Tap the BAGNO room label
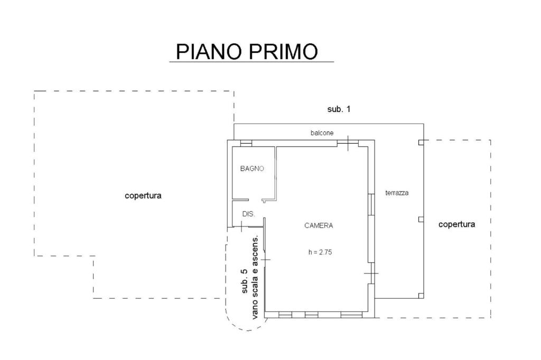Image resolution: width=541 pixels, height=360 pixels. (252, 168)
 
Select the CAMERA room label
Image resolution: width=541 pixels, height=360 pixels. (319, 225)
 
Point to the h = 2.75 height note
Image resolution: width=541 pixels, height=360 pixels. (320, 252)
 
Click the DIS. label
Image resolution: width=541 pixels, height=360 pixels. (248, 214)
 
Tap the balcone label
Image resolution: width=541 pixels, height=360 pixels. (322, 133)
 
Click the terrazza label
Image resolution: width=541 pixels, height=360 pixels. (397, 193)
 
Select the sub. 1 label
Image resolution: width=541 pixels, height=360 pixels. (339, 109)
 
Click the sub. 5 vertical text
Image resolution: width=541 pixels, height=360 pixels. (245, 281)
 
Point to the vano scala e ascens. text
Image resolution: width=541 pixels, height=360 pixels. (255, 278)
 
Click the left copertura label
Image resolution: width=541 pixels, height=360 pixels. (143, 196)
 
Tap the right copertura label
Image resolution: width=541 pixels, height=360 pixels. (457, 224)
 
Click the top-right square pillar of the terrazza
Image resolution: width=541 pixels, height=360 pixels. (421, 143)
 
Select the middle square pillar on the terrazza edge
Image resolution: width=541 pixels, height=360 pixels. (421, 219)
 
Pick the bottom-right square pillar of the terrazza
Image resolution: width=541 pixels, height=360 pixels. (421, 296)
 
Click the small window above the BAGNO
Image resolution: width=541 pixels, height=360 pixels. (246, 143)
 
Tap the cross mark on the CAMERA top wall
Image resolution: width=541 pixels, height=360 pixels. (348, 143)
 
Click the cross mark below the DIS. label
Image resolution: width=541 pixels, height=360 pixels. (241, 226)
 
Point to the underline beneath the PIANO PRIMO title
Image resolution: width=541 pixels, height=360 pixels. (251, 62)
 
